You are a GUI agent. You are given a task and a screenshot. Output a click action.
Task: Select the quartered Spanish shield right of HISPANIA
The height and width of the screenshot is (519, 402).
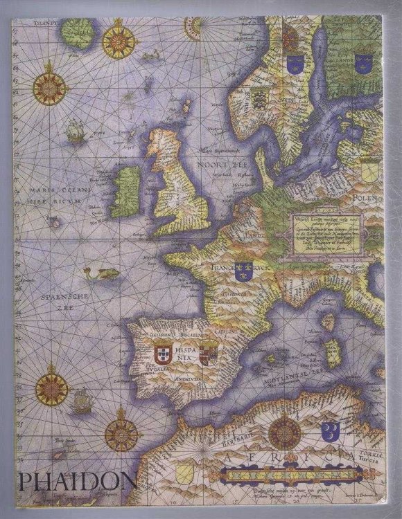(207, 351)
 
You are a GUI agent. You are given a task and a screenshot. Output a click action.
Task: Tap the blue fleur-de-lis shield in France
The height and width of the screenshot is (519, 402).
(243, 271)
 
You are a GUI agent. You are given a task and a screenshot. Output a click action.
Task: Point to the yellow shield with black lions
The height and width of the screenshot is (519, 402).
(259, 94)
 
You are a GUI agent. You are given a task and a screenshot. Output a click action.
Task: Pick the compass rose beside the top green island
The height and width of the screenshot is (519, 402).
(119, 41)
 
